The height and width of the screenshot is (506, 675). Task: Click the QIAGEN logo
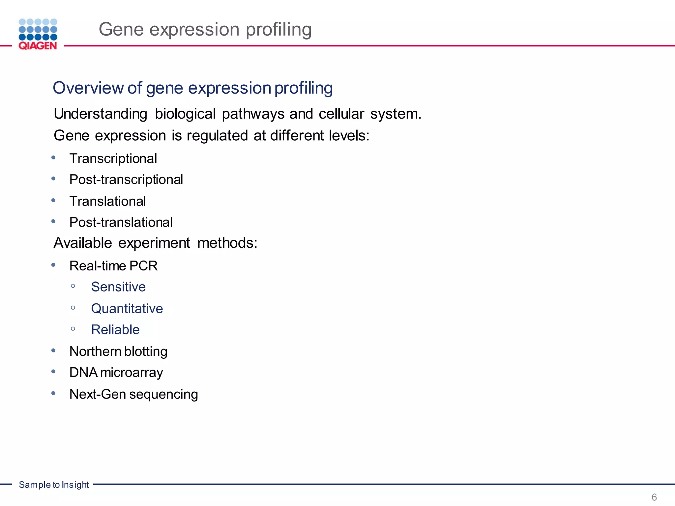pyautogui.click(x=38, y=34)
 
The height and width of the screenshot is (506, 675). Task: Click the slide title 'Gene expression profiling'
pyautogui.click(x=205, y=29)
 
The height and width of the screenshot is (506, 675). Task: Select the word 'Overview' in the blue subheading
pyautogui.click(x=88, y=88)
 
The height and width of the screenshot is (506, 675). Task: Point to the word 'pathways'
pyautogui.click(x=253, y=114)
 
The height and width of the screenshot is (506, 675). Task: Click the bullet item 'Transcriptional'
pyautogui.click(x=113, y=159)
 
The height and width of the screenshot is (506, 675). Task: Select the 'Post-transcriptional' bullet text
pyautogui.click(x=126, y=180)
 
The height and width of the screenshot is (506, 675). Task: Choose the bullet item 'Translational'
pyautogui.click(x=107, y=202)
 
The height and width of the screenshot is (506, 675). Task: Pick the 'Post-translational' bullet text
pyautogui.click(x=121, y=223)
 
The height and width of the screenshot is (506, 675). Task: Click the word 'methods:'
pyautogui.click(x=227, y=243)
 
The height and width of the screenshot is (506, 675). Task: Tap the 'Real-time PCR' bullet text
pyautogui.click(x=113, y=266)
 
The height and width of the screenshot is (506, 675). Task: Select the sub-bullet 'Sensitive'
pyautogui.click(x=118, y=287)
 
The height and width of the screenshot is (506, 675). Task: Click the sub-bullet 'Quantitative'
pyautogui.click(x=127, y=309)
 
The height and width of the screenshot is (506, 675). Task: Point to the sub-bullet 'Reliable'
pyautogui.click(x=115, y=330)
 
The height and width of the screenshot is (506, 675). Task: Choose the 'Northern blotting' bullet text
pyautogui.click(x=118, y=351)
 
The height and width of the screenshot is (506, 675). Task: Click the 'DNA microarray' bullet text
pyautogui.click(x=116, y=373)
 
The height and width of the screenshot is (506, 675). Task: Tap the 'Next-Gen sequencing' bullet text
pyautogui.click(x=133, y=394)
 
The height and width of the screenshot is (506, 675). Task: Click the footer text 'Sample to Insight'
pyautogui.click(x=54, y=485)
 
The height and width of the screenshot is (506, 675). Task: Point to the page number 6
pyautogui.click(x=654, y=497)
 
